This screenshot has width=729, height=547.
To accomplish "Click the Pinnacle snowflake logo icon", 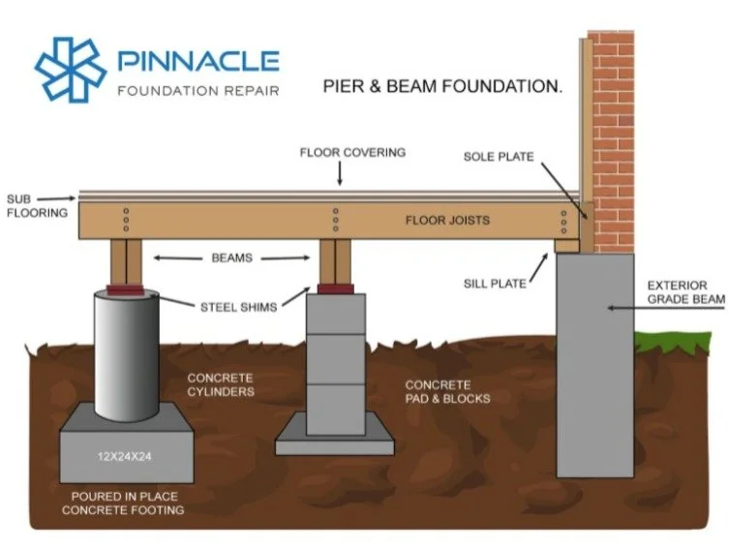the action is [x=71, y=70].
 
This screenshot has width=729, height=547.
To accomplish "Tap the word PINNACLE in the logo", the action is [x=198, y=61].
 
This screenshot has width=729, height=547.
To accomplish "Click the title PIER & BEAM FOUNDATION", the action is [x=442, y=86].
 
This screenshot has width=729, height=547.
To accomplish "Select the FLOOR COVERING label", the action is [x=352, y=152].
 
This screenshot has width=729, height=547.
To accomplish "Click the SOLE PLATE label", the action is [x=499, y=157].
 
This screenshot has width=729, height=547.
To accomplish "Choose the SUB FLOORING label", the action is [x=37, y=206].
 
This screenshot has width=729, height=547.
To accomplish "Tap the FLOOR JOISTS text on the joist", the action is [x=447, y=221].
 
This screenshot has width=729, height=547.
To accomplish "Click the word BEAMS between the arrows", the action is [x=231, y=258].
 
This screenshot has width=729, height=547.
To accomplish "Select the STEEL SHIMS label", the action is [x=238, y=307].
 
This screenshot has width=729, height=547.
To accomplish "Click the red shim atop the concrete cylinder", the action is [x=126, y=290].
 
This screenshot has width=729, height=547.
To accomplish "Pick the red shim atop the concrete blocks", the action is [x=336, y=289].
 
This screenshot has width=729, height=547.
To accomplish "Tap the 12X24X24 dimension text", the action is [x=124, y=457].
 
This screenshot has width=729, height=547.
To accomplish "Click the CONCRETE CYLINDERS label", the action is [x=221, y=384].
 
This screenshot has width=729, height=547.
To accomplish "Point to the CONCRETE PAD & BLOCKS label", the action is [x=447, y=392].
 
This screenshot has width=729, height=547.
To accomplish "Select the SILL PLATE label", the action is [x=495, y=284].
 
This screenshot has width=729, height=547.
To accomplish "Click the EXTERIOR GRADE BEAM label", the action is [x=686, y=292].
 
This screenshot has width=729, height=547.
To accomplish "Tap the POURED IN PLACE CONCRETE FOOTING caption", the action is [x=123, y=503].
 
